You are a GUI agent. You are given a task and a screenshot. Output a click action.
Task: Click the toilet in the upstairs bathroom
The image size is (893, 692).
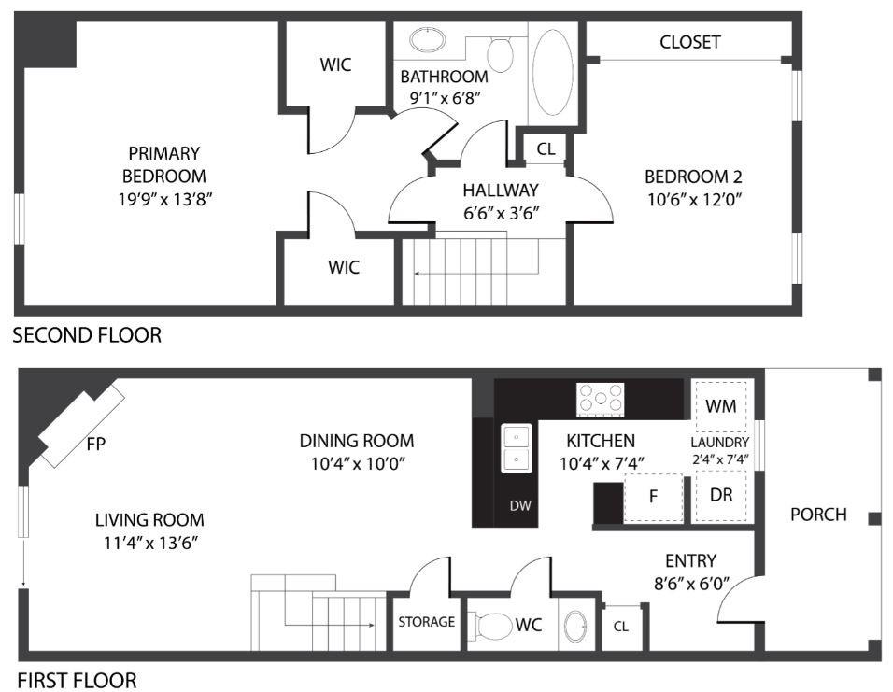coord(500,53)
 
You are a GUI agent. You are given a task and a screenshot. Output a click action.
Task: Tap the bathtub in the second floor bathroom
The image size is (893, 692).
coord(552,72)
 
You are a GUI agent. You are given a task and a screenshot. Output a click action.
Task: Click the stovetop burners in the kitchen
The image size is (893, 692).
coord(601,398)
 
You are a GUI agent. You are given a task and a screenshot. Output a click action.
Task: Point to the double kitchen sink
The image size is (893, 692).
coord(516,448)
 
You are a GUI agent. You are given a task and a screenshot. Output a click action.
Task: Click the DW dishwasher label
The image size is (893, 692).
coord(520,505)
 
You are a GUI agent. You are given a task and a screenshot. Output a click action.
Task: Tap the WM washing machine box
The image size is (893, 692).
coord(721,406)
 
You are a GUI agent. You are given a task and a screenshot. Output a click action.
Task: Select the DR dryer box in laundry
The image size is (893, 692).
coord(721,496)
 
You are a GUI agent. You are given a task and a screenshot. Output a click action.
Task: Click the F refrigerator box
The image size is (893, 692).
coord(653,497)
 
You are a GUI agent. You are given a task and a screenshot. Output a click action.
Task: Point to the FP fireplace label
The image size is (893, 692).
coord(95,444)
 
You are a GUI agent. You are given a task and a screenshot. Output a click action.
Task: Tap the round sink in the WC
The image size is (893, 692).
coord(575,627)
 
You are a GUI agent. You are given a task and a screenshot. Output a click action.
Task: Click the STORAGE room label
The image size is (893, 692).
coord(427,622)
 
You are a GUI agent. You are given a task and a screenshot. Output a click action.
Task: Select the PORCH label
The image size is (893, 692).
coord(818,515)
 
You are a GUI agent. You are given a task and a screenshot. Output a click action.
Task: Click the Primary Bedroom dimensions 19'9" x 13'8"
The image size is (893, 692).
coord(165,199)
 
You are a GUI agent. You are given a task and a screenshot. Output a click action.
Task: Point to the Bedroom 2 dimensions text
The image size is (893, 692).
coord(694,199)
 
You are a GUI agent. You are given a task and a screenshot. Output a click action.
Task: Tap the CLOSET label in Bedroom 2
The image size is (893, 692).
coord(690,42)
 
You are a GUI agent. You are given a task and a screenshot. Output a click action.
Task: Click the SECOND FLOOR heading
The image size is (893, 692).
coord(87,335)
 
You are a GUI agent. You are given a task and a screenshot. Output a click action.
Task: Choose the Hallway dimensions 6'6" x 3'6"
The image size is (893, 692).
coord(502,213)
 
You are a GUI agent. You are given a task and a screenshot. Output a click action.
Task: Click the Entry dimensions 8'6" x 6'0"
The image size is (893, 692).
coord(691,584)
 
